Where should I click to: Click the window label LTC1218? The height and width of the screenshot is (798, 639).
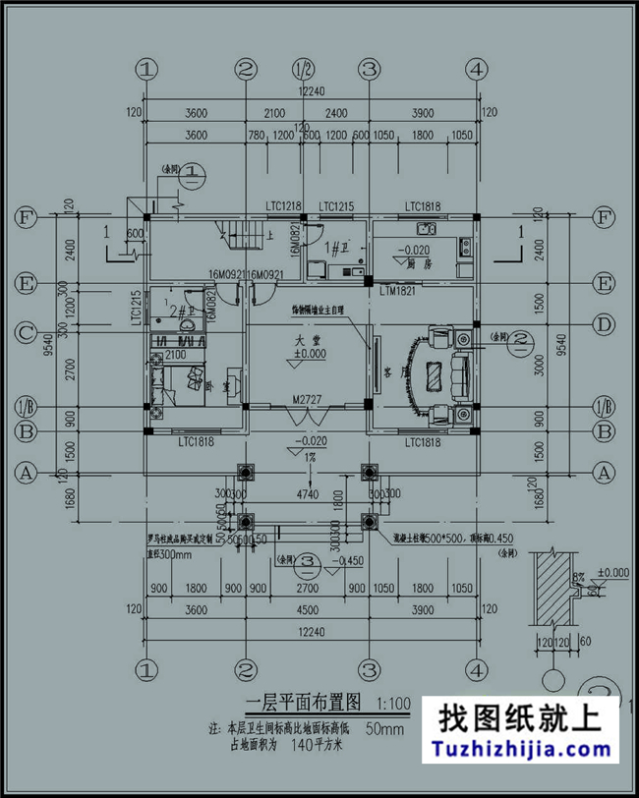283,204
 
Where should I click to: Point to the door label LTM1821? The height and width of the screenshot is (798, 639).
397,292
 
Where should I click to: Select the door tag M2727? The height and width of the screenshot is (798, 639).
308,400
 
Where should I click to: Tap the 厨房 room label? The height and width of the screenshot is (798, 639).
422,263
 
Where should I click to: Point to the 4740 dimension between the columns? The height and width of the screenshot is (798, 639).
308,497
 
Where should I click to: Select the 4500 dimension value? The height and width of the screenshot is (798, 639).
308,609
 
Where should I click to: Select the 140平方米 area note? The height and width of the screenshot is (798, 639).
321,744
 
